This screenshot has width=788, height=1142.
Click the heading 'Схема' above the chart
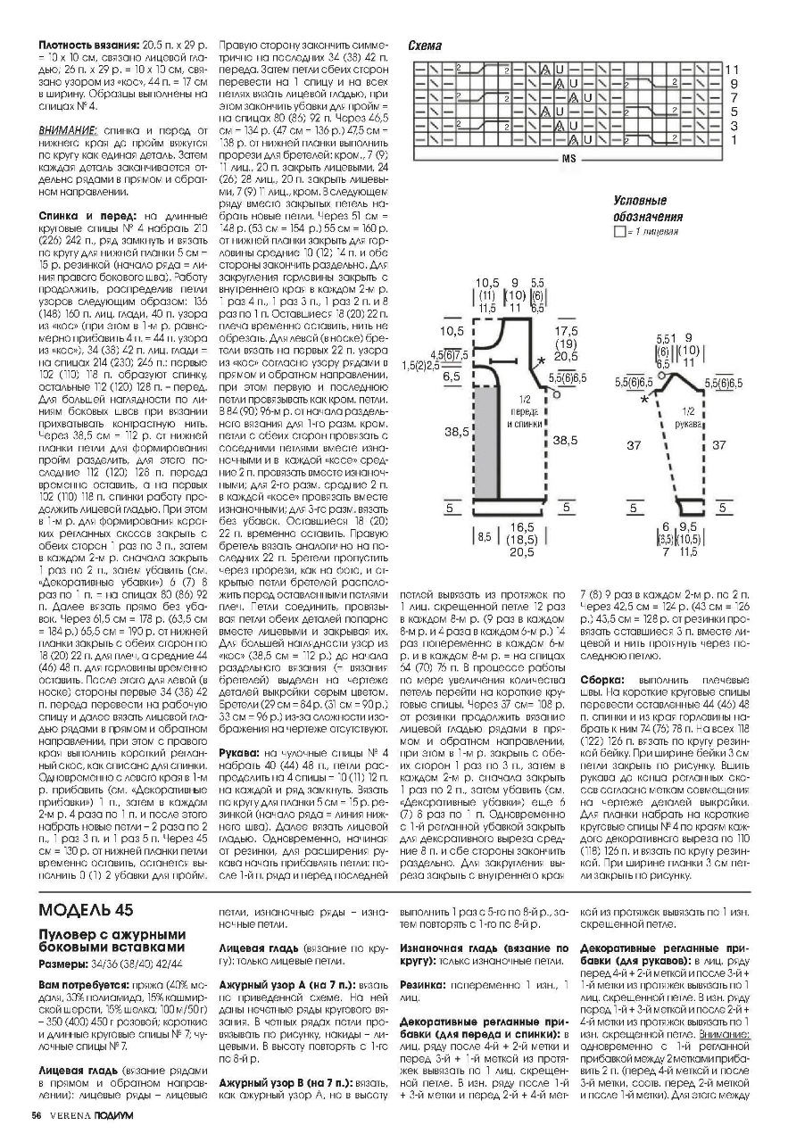point(424,45)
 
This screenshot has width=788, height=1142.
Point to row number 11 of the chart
point(732,69)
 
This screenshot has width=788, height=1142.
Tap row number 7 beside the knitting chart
point(733,97)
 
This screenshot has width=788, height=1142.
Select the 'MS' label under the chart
point(568,159)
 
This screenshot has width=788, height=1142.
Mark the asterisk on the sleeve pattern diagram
point(643,399)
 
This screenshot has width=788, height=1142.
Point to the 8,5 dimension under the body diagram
point(485,537)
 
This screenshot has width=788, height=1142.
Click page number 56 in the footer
point(37,1115)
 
